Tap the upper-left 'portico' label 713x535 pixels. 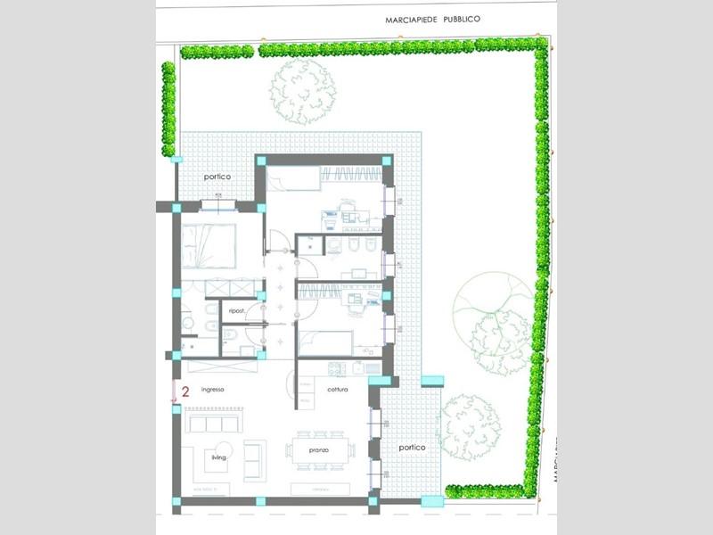click(x=217, y=177)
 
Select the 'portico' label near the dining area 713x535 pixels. click(x=412, y=447)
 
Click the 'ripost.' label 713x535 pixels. click(x=237, y=310)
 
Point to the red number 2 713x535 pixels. click(x=185, y=391)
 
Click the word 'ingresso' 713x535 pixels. click(x=212, y=390)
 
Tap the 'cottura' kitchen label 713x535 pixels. click(x=337, y=391)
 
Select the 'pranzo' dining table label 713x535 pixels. click(x=320, y=450)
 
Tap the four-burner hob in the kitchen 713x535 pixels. click(x=337, y=367)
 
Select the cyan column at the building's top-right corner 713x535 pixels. click(x=387, y=160)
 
